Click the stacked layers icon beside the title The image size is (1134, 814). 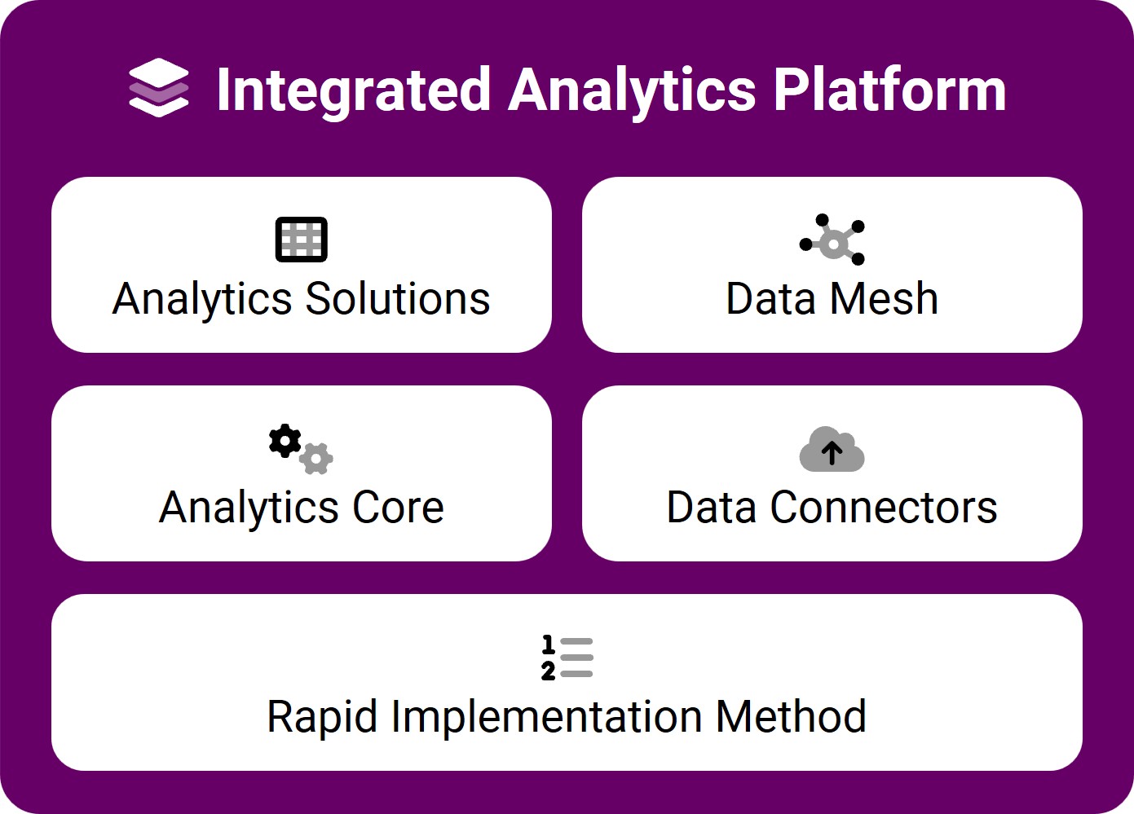click(x=159, y=87)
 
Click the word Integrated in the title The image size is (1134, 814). click(x=354, y=91)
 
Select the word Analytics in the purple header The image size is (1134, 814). click(x=633, y=92)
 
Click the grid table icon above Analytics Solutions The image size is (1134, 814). click(x=301, y=240)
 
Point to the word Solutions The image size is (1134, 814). click(x=398, y=298)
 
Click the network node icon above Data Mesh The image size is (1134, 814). click(x=832, y=240)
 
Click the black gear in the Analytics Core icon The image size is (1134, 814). click(x=285, y=441)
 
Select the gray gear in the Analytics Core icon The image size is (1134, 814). click(x=315, y=459)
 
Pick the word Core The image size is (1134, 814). click(x=398, y=507)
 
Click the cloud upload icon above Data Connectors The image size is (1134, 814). click(x=832, y=449)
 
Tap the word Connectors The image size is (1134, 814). click(x=884, y=507)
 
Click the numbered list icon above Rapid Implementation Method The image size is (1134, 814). click(x=567, y=658)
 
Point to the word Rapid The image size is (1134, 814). click(x=322, y=717)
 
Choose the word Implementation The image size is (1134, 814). click(x=547, y=717)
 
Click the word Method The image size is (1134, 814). click(x=791, y=716)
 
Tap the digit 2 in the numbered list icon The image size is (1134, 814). click(x=548, y=671)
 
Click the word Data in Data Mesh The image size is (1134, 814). click(x=771, y=298)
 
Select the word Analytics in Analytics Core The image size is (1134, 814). click(x=249, y=508)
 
